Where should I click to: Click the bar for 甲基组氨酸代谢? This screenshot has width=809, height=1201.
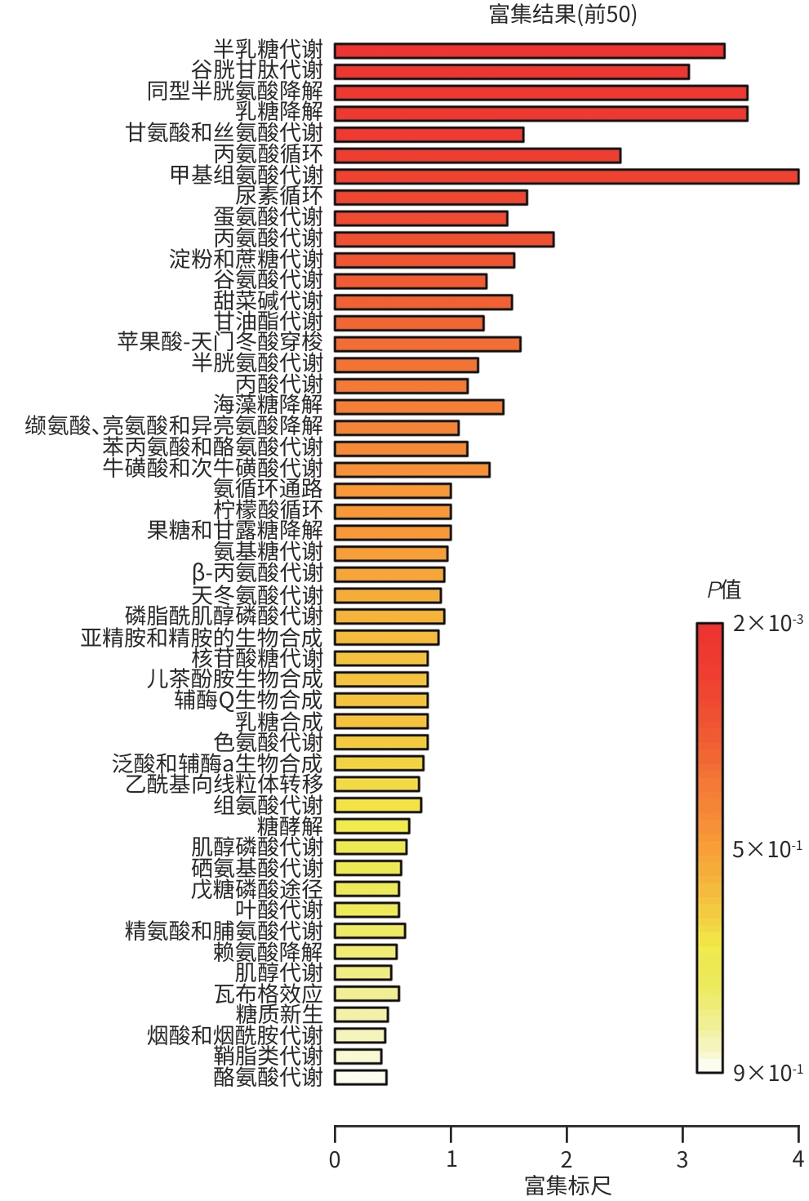click(566, 176)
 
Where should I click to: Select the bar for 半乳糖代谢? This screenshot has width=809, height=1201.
click(529, 51)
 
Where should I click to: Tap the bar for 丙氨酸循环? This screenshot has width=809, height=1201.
click(478, 155)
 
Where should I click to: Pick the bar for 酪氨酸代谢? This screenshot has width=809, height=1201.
click(361, 1077)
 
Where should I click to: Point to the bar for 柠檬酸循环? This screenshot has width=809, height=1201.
click(393, 511)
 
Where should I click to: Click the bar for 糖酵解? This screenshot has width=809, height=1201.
click(372, 825)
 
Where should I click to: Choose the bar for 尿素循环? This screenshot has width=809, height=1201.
click(430, 197)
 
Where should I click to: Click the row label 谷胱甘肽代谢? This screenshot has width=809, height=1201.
click(257, 70)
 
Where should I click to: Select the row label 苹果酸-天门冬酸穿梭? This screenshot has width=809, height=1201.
click(220, 342)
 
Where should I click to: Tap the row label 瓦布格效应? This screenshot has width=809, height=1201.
click(268, 994)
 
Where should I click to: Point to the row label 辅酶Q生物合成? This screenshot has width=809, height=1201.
click(248, 700)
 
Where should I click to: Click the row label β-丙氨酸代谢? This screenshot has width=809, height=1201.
click(257, 573)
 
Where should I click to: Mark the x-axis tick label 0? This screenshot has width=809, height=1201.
click(335, 1159)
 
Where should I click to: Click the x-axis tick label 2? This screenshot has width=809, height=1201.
click(567, 1159)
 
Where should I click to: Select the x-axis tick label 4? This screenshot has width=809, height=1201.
click(798, 1159)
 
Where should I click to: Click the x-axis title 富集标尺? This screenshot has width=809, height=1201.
click(567, 1185)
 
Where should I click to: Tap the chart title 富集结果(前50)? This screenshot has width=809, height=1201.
click(562, 14)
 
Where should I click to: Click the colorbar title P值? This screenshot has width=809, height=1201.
click(723, 589)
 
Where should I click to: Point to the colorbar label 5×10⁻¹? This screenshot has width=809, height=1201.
click(767, 849)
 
